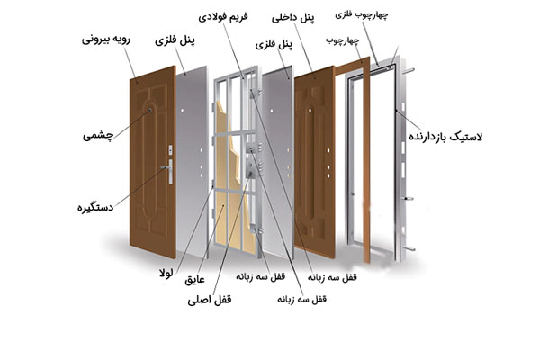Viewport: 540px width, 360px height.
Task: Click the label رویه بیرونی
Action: [x=105, y=40]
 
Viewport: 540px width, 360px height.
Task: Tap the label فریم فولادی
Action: [x=223, y=17]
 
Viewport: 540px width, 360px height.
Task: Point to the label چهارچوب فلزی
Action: [x=361, y=14]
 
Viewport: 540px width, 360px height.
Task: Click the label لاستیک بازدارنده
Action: [x=445, y=137]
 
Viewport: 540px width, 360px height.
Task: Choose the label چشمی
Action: [x=98, y=136]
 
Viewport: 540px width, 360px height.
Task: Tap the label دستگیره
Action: [x=95, y=207]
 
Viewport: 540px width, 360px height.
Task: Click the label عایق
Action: [x=194, y=279]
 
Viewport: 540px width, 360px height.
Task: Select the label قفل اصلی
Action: [x=210, y=300]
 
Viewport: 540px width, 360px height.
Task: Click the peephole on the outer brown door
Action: [x=150, y=111]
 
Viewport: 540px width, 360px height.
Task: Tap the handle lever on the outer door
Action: [x=166, y=167]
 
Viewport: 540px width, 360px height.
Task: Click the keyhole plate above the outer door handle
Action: [x=170, y=150]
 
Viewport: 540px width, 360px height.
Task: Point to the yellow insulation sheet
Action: [x=229, y=179]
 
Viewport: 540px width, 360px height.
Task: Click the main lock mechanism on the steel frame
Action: [x=251, y=163]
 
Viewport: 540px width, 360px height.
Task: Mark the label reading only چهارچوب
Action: [x=342, y=40]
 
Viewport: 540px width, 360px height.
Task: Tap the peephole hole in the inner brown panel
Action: [x=310, y=111]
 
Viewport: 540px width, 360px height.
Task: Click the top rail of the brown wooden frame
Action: [x=352, y=66]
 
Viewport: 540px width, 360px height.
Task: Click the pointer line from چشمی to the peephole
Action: [x=131, y=124]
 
